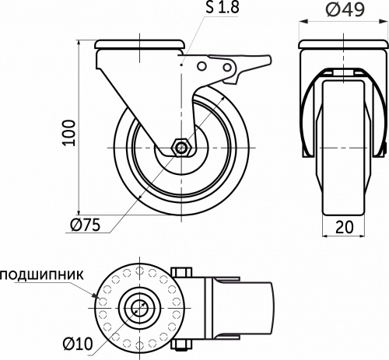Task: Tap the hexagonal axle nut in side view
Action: pyautogui.click(x=180, y=146)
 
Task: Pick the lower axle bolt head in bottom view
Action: pyautogui.click(x=184, y=341)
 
